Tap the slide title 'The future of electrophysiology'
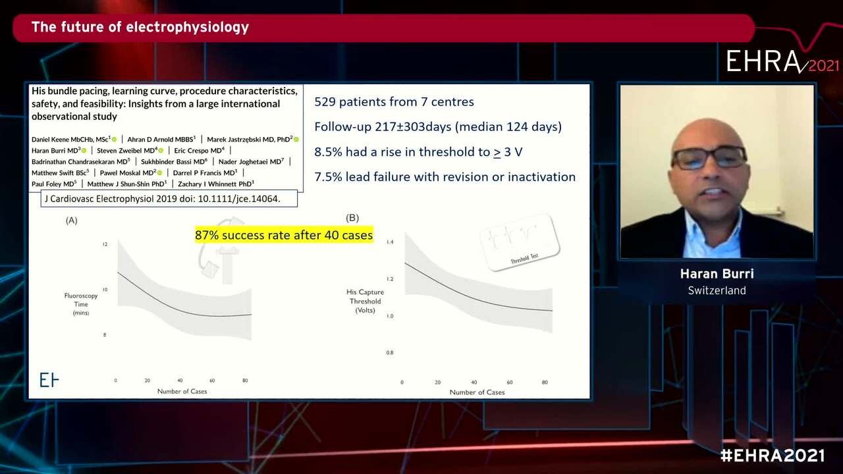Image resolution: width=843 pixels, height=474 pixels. coord(140,28)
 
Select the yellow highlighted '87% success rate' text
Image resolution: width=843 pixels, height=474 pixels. coord(284,235)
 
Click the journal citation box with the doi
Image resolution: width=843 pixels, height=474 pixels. coord(169,198)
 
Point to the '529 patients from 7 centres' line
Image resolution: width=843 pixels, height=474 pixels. coord(394,101)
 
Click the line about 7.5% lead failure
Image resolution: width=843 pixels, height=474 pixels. coord(445,176)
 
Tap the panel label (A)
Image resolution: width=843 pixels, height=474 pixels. coord(72,220)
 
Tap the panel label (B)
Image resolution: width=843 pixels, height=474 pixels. coord(352,218)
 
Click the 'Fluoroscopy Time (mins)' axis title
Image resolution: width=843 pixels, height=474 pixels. coord(81,303)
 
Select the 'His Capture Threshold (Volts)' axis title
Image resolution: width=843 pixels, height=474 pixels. coord(365,301)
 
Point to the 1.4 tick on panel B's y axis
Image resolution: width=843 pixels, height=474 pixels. coord(389,242)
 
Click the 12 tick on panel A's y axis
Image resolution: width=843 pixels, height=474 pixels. coord(104,244)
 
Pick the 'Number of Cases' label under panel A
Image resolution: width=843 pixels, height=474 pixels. coord(182,391)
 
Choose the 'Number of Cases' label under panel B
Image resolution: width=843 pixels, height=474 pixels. coord(477,392)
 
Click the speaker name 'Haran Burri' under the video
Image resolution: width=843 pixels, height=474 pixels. coord(717,274)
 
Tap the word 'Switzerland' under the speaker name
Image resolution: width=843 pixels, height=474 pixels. coord(717,290)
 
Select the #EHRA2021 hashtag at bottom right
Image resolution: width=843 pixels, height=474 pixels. coord(772,456)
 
